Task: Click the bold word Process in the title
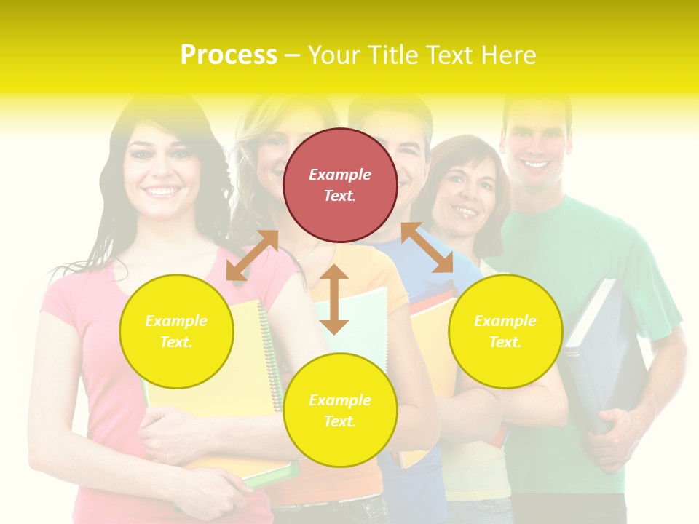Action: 229,55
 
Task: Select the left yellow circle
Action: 176,331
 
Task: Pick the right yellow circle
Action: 505,331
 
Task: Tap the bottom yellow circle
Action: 340,410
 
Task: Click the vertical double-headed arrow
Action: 334,299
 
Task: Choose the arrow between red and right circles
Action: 427,247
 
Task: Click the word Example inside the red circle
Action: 340,175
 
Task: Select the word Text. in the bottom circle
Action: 340,421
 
